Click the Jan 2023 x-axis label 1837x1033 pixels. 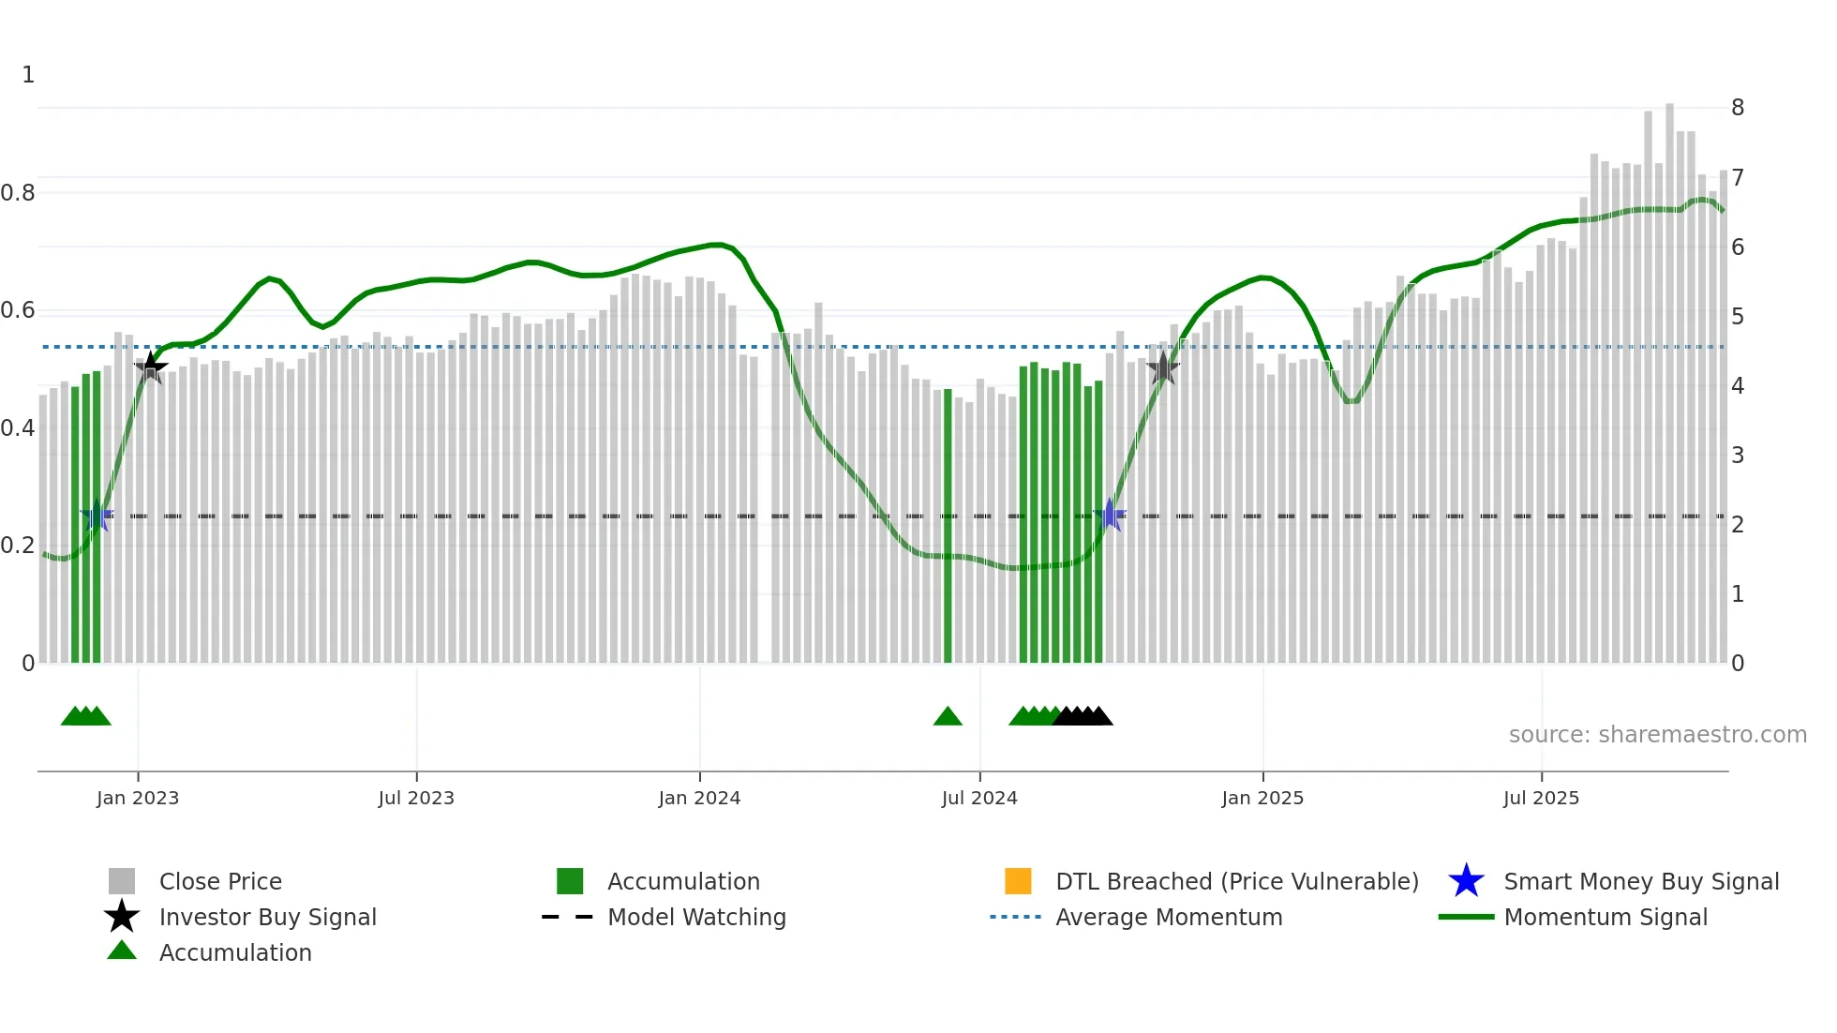point(138,799)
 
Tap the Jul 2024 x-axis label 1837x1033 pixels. point(979,799)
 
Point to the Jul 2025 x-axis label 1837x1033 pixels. point(1541,799)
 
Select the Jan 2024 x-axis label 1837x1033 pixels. point(699,799)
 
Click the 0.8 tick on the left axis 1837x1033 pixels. point(18,193)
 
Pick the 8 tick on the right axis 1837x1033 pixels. point(1738,108)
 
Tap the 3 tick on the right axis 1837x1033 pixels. point(1738,456)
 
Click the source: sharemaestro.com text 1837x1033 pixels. point(1657,735)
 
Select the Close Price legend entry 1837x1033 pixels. point(220,882)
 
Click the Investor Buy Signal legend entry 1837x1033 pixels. point(267,918)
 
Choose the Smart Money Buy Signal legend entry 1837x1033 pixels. point(1640,882)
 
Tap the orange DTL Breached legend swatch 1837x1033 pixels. point(1018,881)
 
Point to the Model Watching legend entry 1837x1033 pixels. point(696,918)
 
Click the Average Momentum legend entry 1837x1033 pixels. point(1169,918)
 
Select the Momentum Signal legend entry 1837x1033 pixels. point(1606,918)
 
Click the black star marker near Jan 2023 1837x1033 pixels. point(151,367)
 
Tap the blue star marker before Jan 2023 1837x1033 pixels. point(97,516)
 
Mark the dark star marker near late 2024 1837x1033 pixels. point(1163,368)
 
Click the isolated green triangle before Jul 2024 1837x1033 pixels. point(948,717)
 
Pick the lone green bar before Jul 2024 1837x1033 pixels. point(948,525)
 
